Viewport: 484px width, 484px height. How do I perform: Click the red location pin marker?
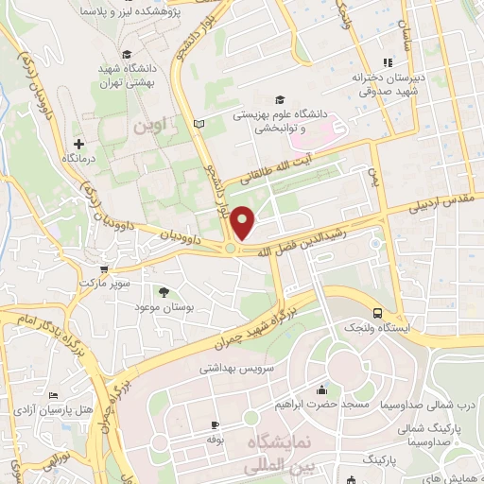click(244, 223)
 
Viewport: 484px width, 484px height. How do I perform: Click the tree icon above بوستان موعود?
click(164, 293)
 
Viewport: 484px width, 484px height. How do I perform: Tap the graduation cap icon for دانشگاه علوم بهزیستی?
click(278, 99)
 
